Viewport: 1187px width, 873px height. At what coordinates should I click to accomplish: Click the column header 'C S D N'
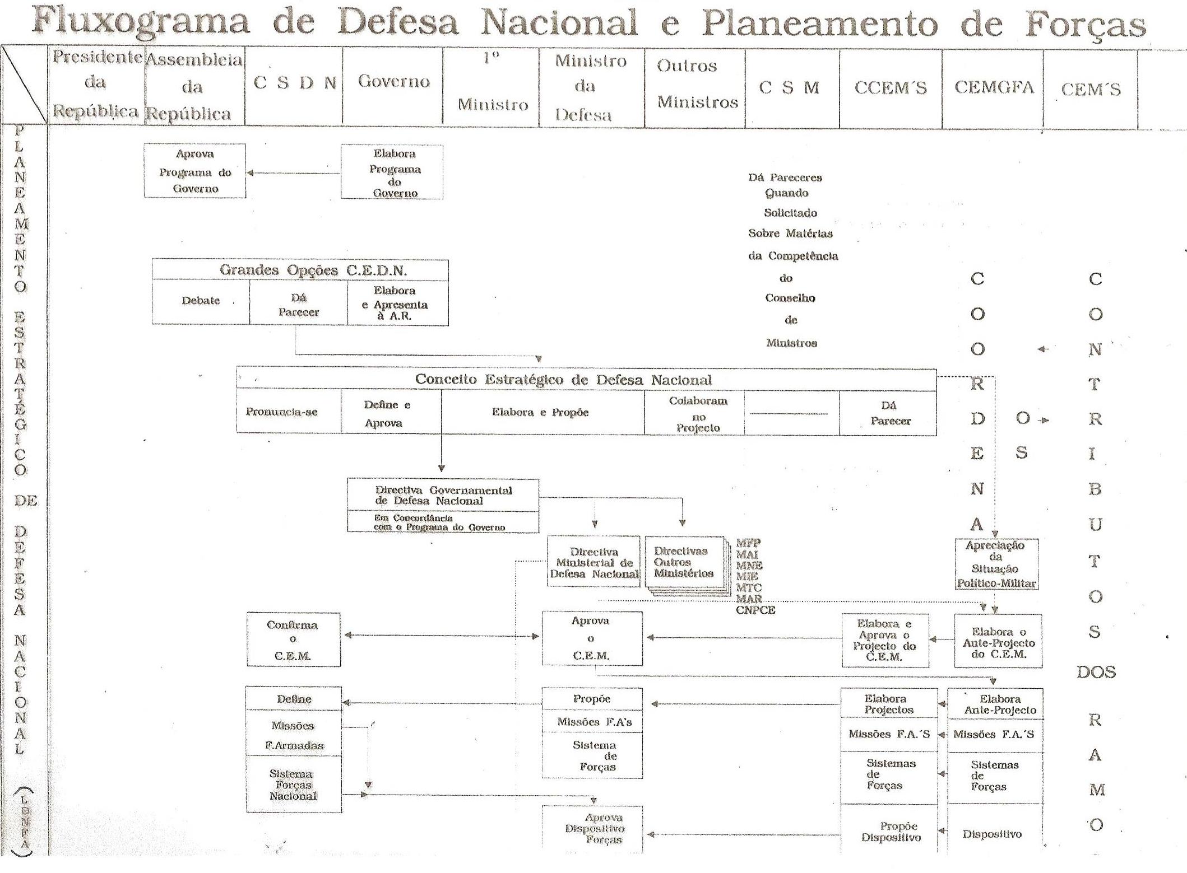tap(294, 83)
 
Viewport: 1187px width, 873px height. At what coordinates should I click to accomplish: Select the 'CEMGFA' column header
tap(994, 87)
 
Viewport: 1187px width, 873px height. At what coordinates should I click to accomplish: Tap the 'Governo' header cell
tap(393, 82)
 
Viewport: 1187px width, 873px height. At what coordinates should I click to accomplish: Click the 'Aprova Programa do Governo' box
tap(194, 171)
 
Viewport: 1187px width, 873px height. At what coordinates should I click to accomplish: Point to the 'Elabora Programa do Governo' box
tap(392, 172)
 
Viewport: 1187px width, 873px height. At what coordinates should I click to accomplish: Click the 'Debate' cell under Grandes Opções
tap(201, 301)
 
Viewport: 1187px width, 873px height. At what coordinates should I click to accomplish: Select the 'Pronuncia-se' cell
tap(281, 412)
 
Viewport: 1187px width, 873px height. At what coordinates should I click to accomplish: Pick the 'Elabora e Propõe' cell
tap(540, 413)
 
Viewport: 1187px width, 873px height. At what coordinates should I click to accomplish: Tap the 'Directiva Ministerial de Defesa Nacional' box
tap(594, 562)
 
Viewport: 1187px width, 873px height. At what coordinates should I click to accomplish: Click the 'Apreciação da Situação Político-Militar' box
tap(996, 564)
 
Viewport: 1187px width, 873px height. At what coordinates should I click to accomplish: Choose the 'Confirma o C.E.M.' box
tap(293, 639)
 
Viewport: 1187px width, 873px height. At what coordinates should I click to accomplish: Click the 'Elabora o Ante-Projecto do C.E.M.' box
tap(998, 642)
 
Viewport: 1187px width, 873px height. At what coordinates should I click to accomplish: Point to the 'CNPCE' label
tap(755, 610)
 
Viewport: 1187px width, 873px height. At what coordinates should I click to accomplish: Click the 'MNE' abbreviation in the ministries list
tap(749, 566)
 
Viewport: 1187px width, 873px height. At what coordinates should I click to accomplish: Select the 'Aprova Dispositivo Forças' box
tap(593, 829)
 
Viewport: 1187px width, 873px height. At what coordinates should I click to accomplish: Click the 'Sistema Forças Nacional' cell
tap(293, 785)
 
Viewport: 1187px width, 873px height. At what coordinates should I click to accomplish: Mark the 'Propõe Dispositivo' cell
tap(891, 832)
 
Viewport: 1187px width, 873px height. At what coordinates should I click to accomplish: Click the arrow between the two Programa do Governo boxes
tap(293, 173)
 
